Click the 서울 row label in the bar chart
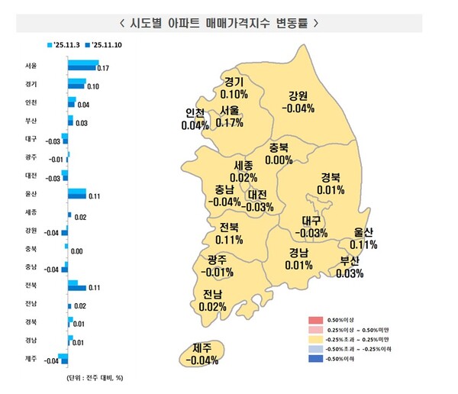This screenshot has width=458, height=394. tap(31, 66)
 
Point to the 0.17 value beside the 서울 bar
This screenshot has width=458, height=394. tap(104, 69)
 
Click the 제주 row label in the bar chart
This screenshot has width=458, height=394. tap(31, 358)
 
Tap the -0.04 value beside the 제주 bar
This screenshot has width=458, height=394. tap(53, 360)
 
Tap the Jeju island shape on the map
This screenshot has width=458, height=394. tap(202, 355)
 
